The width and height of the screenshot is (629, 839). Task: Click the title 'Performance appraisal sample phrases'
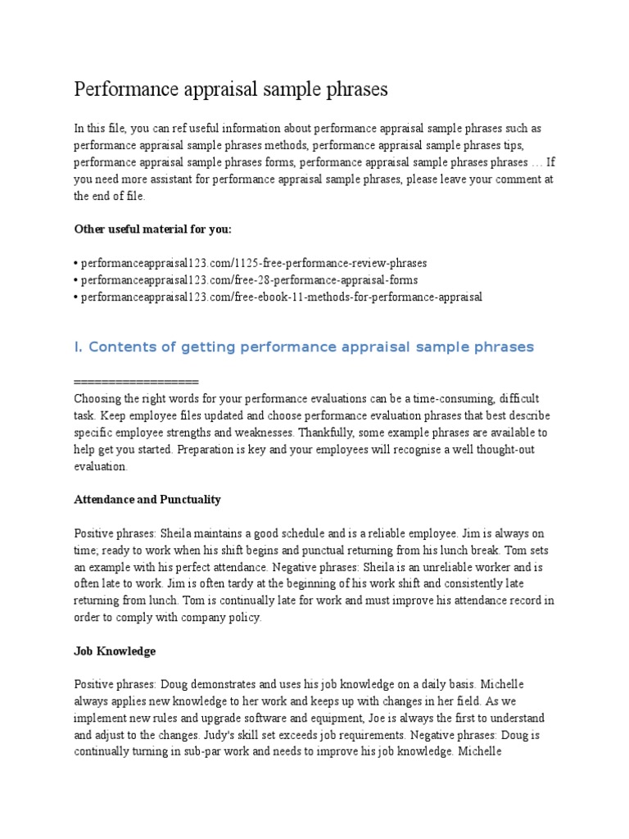tap(231, 89)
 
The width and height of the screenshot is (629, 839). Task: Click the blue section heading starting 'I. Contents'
tap(303, 347)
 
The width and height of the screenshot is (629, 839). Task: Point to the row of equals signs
tap(136, 383)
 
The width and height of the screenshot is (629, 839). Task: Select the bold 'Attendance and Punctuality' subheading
tap(147, 499)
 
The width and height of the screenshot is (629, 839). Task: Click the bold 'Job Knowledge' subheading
tap(115, 651)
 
